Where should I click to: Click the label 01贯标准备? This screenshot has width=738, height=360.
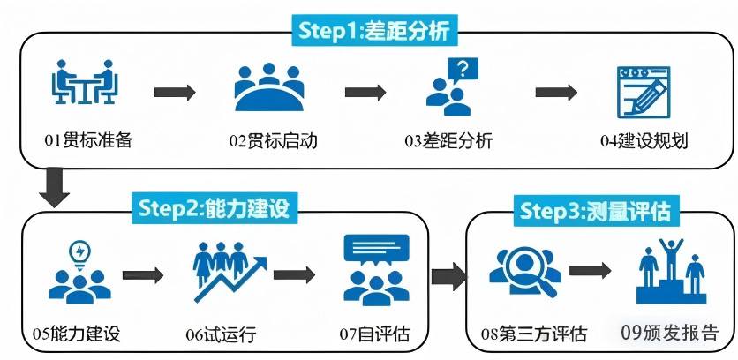click(x=88, y=141)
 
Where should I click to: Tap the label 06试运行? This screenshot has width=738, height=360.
click(x=221, y=334)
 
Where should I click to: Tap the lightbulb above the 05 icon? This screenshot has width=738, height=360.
click(x=80, y=251)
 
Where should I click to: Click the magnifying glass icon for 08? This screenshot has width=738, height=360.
click(x=526, y=274)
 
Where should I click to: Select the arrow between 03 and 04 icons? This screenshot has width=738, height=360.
click(x=555, y=92)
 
